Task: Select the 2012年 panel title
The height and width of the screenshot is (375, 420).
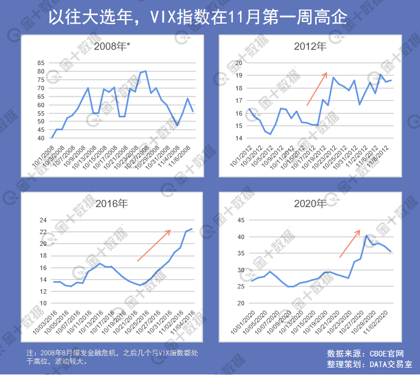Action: coord(310,47)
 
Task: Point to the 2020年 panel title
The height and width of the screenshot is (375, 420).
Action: coord(310,203)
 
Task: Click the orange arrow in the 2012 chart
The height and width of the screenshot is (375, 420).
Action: coord(317,89)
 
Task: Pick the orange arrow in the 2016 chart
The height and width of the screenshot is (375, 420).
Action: coord(154,245)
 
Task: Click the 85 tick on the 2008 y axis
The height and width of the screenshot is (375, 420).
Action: coord(41,63)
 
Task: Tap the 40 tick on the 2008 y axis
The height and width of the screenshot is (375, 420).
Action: coord(41,138)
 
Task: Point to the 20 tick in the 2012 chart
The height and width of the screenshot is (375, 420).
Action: coord(238,63)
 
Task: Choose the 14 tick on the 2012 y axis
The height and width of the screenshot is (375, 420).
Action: coord(238,138)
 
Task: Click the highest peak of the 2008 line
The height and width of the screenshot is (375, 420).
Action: coord(146,71)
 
